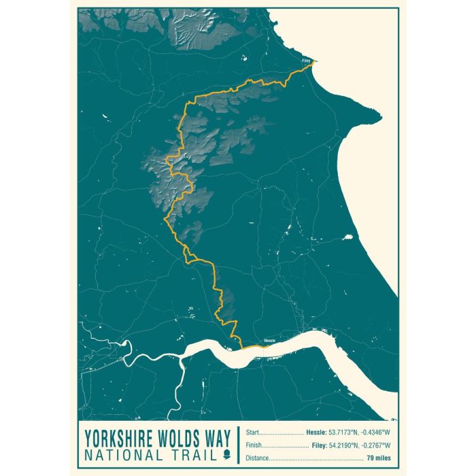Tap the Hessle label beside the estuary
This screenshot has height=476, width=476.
pyautogui.click(x=269, y=341)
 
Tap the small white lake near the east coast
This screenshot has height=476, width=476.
pyautogui.click(x=348, y=237)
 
